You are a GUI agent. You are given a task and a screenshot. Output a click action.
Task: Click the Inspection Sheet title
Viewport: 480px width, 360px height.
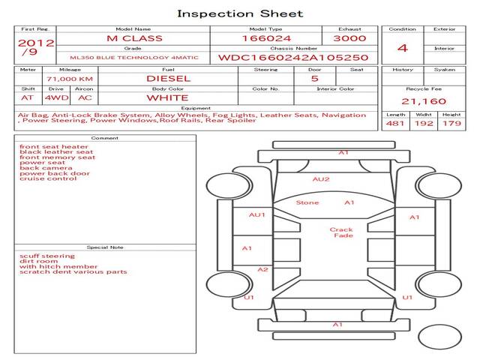coord(239,13)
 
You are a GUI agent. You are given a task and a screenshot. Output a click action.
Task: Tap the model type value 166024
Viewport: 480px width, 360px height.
coord(265,38)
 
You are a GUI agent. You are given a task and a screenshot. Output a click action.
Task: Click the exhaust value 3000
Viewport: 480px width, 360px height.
coord(351,38)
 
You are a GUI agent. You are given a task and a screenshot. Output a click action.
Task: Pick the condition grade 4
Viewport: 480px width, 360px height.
coord(403,48)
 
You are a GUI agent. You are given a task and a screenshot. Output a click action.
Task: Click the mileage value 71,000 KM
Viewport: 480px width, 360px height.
coord(70,78)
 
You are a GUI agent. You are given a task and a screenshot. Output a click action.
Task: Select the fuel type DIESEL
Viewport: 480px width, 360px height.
coord(168,78)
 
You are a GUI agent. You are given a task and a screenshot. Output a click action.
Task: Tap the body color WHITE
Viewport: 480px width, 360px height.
coord(167,97)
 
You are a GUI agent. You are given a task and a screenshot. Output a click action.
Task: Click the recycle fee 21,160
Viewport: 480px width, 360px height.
coord(424,101)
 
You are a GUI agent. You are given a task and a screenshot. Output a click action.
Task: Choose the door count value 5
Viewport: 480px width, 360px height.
coord(314,78)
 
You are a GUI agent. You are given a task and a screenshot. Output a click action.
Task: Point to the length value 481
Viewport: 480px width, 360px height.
coord(395,123)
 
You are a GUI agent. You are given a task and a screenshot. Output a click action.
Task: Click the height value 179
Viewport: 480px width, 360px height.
coord(451,123)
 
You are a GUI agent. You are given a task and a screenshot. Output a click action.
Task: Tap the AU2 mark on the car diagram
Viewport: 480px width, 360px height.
coord(321,179)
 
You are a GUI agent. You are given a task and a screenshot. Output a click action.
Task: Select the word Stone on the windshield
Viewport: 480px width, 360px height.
coord(307,202)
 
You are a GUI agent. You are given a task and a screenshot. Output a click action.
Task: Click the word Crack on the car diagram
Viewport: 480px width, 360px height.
coord(341,229)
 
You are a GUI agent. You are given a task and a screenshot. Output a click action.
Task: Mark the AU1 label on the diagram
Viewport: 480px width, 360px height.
coord(257,215)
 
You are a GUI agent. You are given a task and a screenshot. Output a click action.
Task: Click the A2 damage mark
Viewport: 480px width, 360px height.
coord(262,269)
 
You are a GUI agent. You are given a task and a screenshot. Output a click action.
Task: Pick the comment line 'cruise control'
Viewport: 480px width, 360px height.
coord(48,178)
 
